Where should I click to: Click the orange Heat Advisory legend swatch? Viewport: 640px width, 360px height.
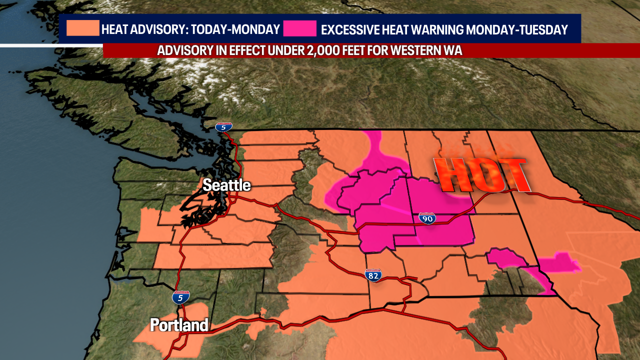pyautogui.click(x=82, y=28)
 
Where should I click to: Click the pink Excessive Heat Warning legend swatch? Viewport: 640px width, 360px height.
pyautogui.click(x=299, y=28)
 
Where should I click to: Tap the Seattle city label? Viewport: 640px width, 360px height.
pyautogui.click(x=226, y=185)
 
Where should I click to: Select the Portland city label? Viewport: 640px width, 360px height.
pyautogui.click(x=179, y=325)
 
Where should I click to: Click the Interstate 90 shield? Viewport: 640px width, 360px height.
pyautogui.click(x=427, y=218)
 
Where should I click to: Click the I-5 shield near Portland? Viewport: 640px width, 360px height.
pyautogui.click(x=180, y=297)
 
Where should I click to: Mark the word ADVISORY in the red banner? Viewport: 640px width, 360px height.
pyautogui.click(x=181, y=50)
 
